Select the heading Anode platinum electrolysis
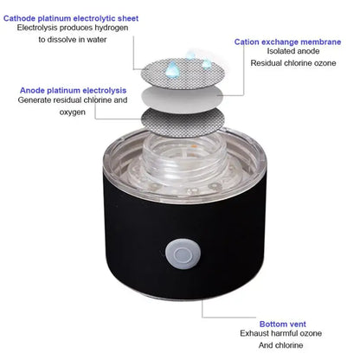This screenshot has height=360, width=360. point(72,89)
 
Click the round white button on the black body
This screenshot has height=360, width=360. point(181,253)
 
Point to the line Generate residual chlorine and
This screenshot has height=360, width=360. point(73,100)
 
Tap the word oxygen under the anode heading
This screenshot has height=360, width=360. point(73,112)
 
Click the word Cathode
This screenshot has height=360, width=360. point(22,16)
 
